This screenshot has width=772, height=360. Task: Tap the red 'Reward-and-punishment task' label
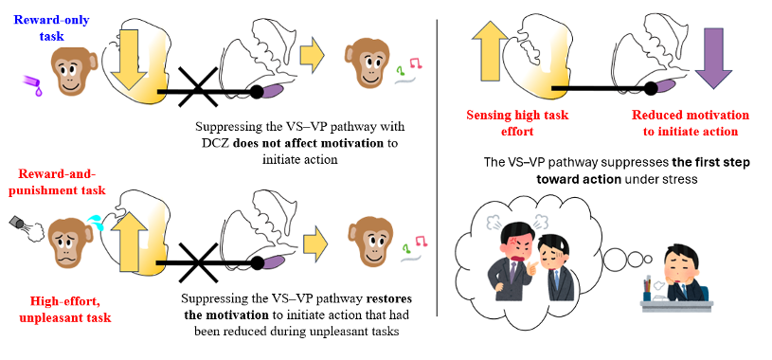[62, 182]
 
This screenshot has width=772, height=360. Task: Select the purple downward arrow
[713, 58]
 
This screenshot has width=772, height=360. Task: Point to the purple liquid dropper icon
[32, 84]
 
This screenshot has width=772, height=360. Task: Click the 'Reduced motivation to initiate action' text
[691, 123]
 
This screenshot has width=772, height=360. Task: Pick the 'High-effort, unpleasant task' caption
[65, 309]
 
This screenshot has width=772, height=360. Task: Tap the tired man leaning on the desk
[682, 274]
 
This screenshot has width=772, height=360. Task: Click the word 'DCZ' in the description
[208, 144]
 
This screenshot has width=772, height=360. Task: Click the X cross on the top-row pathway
[198, 87]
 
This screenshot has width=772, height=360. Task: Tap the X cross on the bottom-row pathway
[198, 262]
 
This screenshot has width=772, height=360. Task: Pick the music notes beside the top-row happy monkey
[408, 69]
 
